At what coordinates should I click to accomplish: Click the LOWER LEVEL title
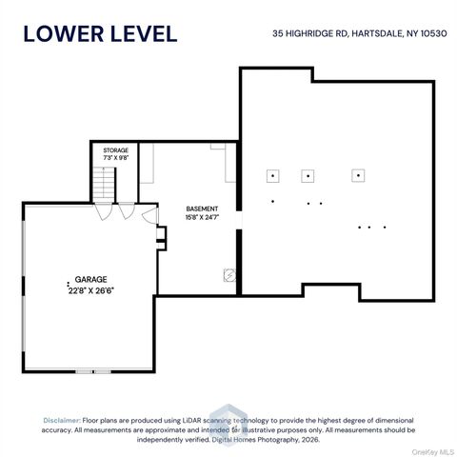100,34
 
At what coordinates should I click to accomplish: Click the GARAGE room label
90,279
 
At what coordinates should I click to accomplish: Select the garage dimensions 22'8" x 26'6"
90,290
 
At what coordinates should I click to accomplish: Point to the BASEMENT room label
202,209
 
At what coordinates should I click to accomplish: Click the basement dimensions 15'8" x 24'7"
203,217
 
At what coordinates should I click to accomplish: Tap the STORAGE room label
116,150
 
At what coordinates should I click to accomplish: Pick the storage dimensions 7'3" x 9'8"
116,158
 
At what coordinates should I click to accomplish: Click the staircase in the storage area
104,185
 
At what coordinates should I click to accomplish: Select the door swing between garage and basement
149,215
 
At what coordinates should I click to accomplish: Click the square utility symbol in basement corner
229,275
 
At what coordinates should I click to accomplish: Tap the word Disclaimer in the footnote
62,421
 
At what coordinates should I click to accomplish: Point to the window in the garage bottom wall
93,371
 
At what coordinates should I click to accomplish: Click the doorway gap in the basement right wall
239,220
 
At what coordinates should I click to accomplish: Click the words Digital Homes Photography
255,440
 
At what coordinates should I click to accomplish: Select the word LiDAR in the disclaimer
191,421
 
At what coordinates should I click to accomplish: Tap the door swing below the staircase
104,211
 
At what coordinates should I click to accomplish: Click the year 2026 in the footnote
310,440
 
